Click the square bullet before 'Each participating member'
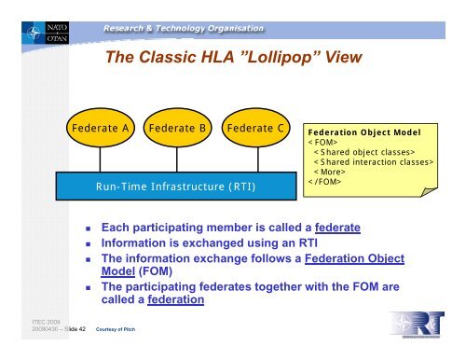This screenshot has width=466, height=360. [86, 228]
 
